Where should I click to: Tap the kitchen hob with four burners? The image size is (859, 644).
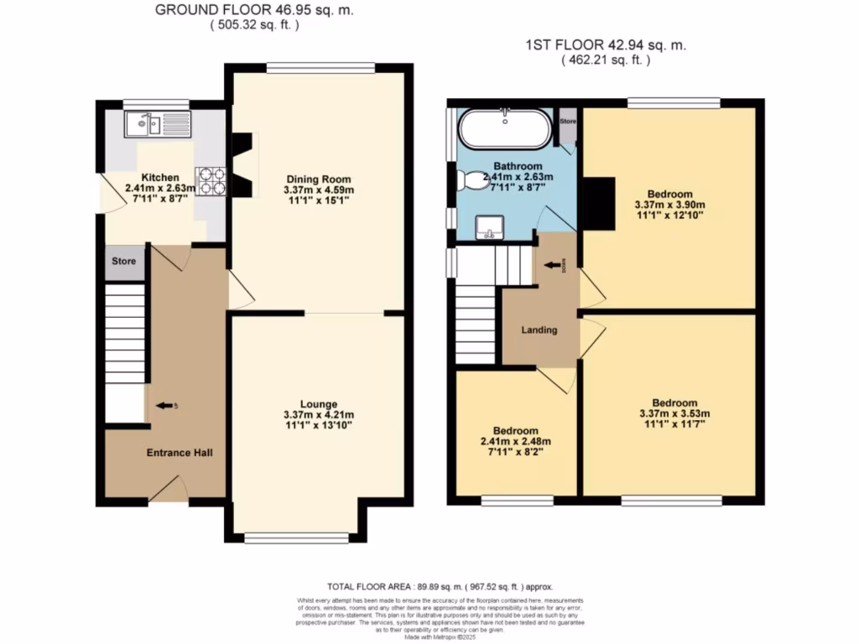tap(211, 181)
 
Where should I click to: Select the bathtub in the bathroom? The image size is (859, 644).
tap(505, 130)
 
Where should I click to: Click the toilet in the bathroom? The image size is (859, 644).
tap(475, 179)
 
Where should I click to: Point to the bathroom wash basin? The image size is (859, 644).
tap(488, 226)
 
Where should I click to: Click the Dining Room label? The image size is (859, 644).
tap(318, 179)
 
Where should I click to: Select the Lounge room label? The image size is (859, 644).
tap(320, 403)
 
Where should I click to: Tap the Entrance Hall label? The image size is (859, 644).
tap(180, 453)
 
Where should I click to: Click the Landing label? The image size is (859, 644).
tap(539, 330)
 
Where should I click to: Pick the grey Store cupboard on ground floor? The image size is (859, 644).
tap(124, 262)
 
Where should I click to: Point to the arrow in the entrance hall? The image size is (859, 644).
tap(165, 406)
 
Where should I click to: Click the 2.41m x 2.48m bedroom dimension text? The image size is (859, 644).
tap(515, 442)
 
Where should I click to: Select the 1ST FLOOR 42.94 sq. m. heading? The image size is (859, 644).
tap(605, 46)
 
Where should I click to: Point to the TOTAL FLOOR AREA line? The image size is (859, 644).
tap(440, 587)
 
